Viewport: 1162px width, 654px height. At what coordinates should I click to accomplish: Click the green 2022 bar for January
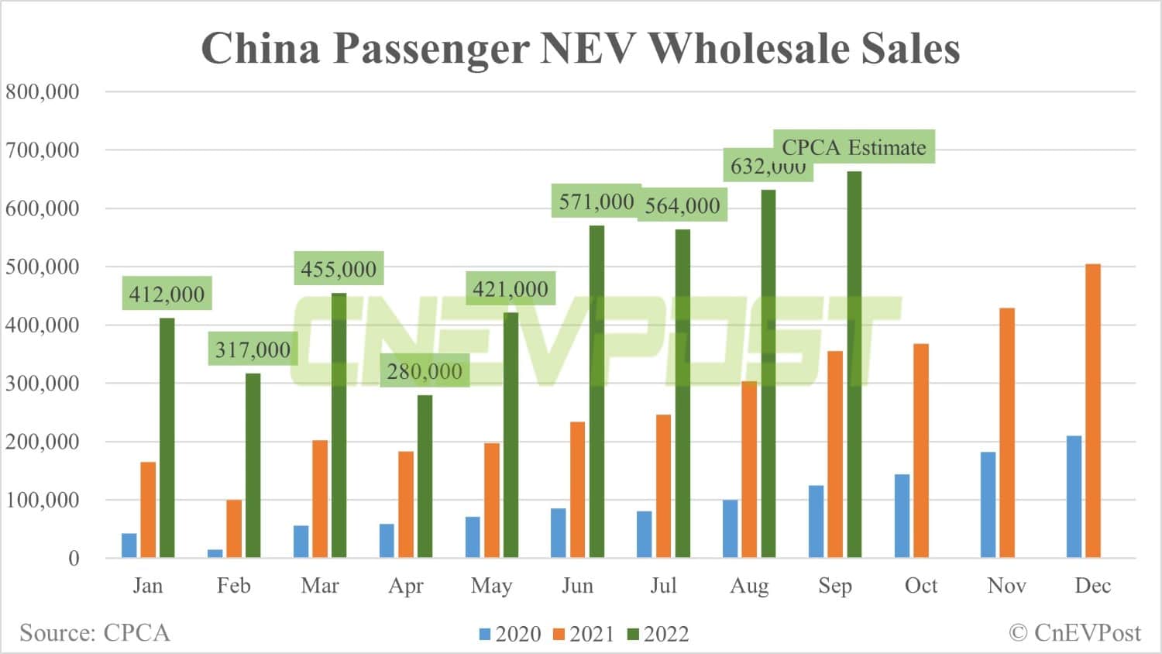(167, 438)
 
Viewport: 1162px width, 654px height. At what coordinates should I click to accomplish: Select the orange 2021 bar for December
(1092, 411)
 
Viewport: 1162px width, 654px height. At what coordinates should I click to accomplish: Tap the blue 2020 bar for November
(988, 504)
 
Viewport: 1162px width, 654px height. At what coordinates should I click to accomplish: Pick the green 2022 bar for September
(854, 364)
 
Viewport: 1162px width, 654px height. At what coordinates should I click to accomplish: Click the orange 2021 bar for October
(920, 450)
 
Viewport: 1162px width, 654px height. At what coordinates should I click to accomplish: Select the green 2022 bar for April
(425, 476)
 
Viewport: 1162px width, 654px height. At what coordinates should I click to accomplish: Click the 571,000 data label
(596, 201)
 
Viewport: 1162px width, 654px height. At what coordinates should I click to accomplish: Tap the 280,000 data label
(425, 371)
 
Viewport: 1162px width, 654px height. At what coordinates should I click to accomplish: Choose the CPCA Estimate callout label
(854, 147)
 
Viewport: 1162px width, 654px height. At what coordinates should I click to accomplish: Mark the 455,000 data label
(339, 269)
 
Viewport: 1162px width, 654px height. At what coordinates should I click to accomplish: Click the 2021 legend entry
(583, 634)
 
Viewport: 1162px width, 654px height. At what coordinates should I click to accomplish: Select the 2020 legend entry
(511, 634)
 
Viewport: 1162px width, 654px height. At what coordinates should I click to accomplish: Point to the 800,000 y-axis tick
(43, 91)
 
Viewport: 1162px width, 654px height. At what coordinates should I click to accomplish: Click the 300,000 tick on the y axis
(43, 383)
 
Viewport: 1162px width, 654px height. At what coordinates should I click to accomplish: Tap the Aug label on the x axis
(749, 586)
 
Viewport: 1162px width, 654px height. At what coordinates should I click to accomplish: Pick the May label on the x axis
(491, 586)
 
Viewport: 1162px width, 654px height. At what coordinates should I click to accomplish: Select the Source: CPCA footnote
(95, 632)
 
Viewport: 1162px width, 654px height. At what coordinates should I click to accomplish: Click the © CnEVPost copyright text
(1074, 632)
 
